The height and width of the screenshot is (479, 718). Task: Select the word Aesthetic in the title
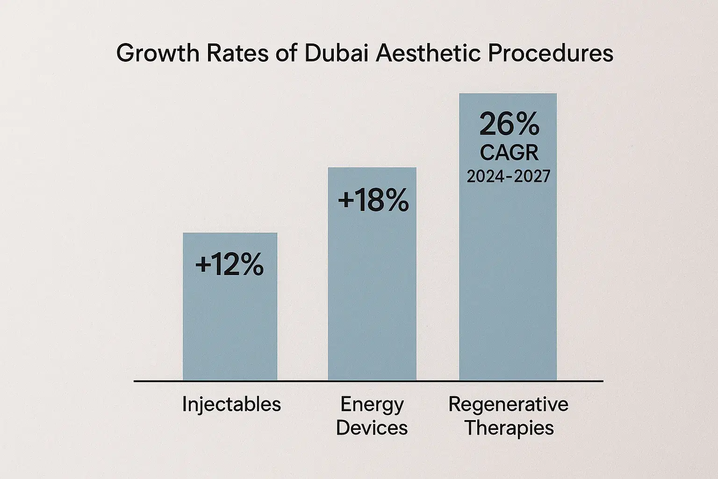coord(429,53)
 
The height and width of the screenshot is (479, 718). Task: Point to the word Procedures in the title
coord(550,53)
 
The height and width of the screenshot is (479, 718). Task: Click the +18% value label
coord(373,201)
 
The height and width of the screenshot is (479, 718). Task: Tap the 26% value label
coord(509,125)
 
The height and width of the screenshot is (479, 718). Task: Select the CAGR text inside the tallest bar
coord(509,152)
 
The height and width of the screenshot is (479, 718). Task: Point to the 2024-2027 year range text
coord(509,176)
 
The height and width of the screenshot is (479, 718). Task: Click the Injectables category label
coord(231,404)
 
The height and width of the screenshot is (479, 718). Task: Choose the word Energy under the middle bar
coord(372,404)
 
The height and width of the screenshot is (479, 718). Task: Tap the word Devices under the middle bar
coord(372,428)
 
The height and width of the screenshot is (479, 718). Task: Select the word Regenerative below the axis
coord(508,404)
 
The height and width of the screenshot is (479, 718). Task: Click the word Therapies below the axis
coord(509,428)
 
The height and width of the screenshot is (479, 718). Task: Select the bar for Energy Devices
coord(372,299)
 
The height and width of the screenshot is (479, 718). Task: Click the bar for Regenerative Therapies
coord(508,281)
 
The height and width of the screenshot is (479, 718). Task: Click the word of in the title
coord(286,53)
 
